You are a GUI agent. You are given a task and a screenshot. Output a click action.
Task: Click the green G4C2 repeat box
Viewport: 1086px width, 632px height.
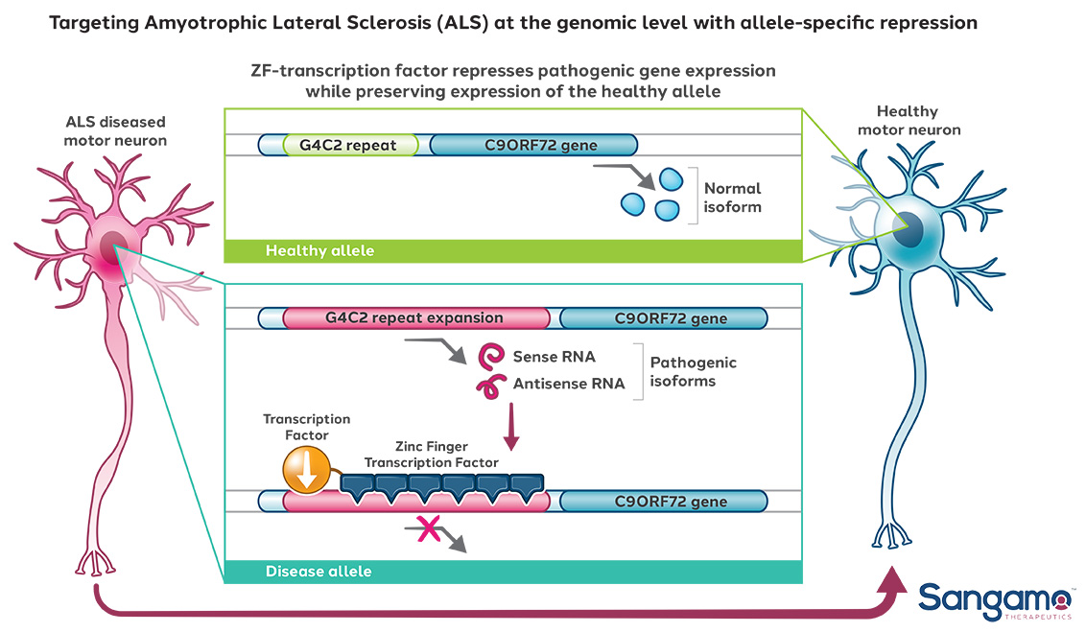351,146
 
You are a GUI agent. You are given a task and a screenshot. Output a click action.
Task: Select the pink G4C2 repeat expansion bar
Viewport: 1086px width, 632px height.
414,318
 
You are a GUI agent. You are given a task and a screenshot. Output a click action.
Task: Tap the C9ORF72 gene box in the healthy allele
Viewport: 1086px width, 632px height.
533,146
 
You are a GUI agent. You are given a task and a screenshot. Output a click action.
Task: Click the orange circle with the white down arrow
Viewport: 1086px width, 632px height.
304,472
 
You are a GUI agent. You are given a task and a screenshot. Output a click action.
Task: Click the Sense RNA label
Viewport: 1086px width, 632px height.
554,357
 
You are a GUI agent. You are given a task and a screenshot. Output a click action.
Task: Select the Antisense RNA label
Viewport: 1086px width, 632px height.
568,384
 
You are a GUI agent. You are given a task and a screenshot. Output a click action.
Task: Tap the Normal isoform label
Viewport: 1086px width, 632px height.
732,198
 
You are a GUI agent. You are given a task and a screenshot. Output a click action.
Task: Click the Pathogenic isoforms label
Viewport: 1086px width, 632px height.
693,371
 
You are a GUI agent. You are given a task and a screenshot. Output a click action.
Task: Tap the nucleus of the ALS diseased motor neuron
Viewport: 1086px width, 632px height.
113,247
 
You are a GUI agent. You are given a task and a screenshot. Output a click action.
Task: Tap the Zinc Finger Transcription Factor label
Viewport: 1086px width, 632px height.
431,455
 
